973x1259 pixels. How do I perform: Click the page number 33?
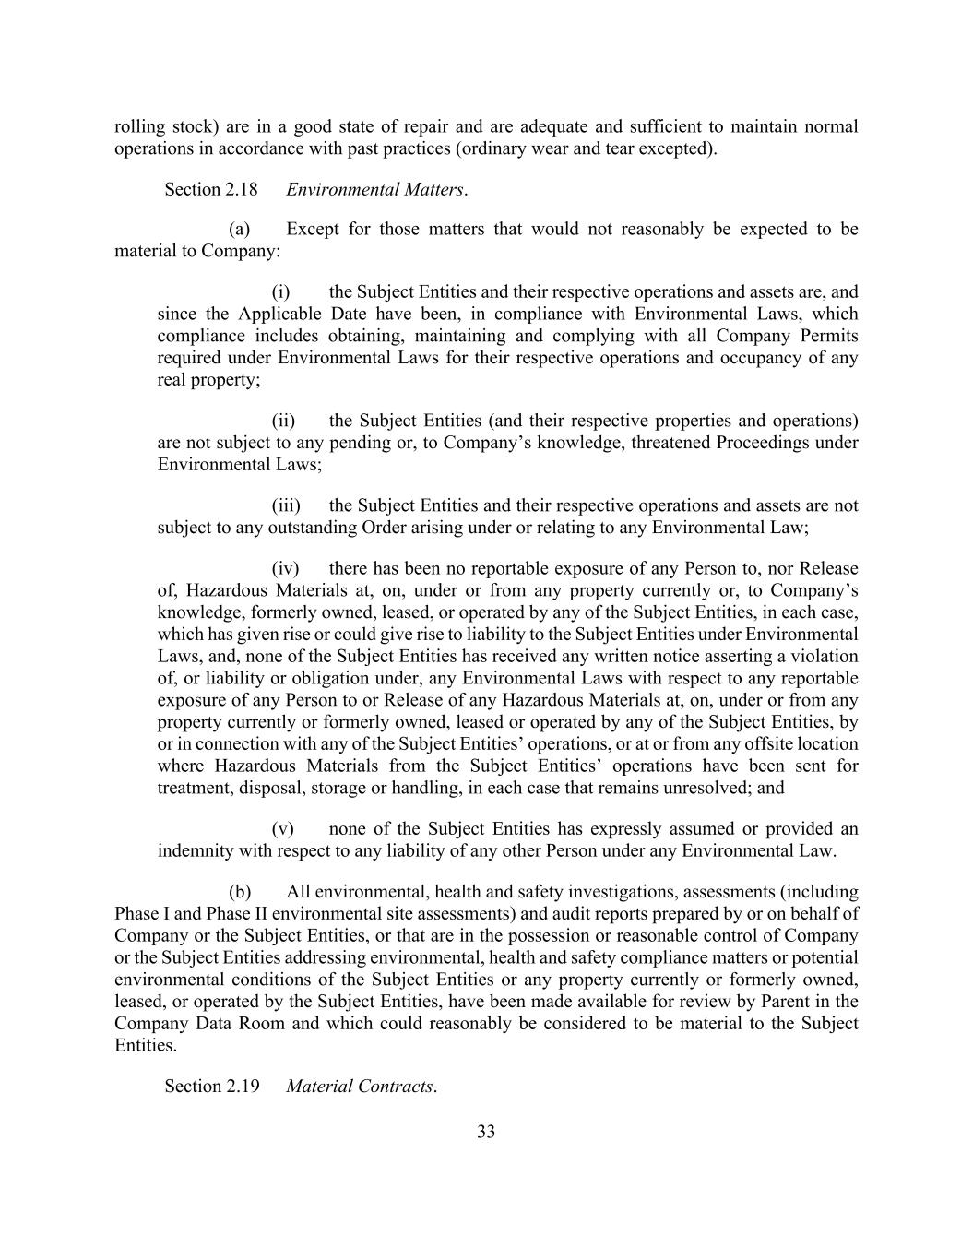click(x=486, y=1132)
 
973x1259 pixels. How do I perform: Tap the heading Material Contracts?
click(x=360, y=1086)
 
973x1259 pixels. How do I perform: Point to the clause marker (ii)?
click(x=282, y=421)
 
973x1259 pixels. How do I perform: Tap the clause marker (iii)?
click(x=284, y=505)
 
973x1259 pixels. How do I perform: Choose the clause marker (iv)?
click(x=284, y=568)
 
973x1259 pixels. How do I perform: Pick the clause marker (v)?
click(x=281, y=828)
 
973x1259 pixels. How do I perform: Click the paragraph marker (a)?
click(x=239, y=229)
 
